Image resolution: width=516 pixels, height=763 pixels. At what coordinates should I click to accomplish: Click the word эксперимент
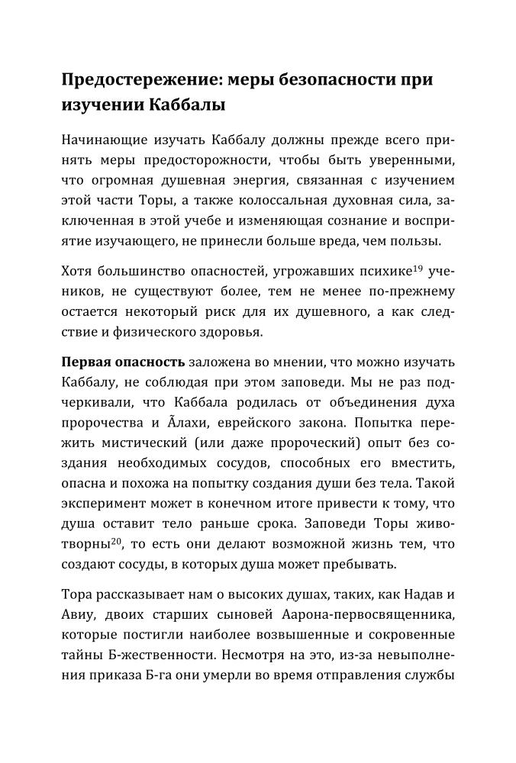(x=102, y=504)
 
